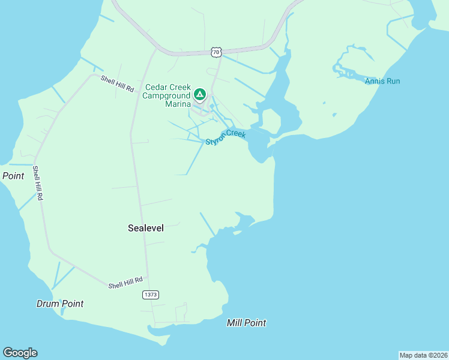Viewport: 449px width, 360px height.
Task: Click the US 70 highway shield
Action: click(216, 53)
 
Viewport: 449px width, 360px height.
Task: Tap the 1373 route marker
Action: click(151, 295)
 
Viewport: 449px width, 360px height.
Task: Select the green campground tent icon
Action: click(199, 94)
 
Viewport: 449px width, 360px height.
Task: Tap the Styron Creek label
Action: click(226, 137)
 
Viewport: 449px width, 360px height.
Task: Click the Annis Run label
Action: click(382, 81)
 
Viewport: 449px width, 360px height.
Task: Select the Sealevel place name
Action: click(145, 228)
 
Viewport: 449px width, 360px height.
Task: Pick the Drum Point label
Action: click(60, 304)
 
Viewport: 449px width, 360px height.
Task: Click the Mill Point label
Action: click(246, 323)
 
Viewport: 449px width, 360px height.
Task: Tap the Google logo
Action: click(20, 353)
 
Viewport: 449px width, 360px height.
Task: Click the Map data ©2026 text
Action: click(423, 355)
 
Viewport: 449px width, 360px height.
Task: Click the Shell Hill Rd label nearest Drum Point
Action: click(125, 283)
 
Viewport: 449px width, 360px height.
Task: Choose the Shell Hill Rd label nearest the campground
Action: click(117, 83)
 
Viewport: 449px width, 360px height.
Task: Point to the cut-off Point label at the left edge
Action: click(13, 176)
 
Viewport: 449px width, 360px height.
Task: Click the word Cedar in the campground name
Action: click(154, 86)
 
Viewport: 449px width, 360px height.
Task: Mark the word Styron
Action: click(216, 140)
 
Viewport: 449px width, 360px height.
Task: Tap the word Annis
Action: click(375, 81)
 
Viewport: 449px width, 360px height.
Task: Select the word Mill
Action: click(234, 323)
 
